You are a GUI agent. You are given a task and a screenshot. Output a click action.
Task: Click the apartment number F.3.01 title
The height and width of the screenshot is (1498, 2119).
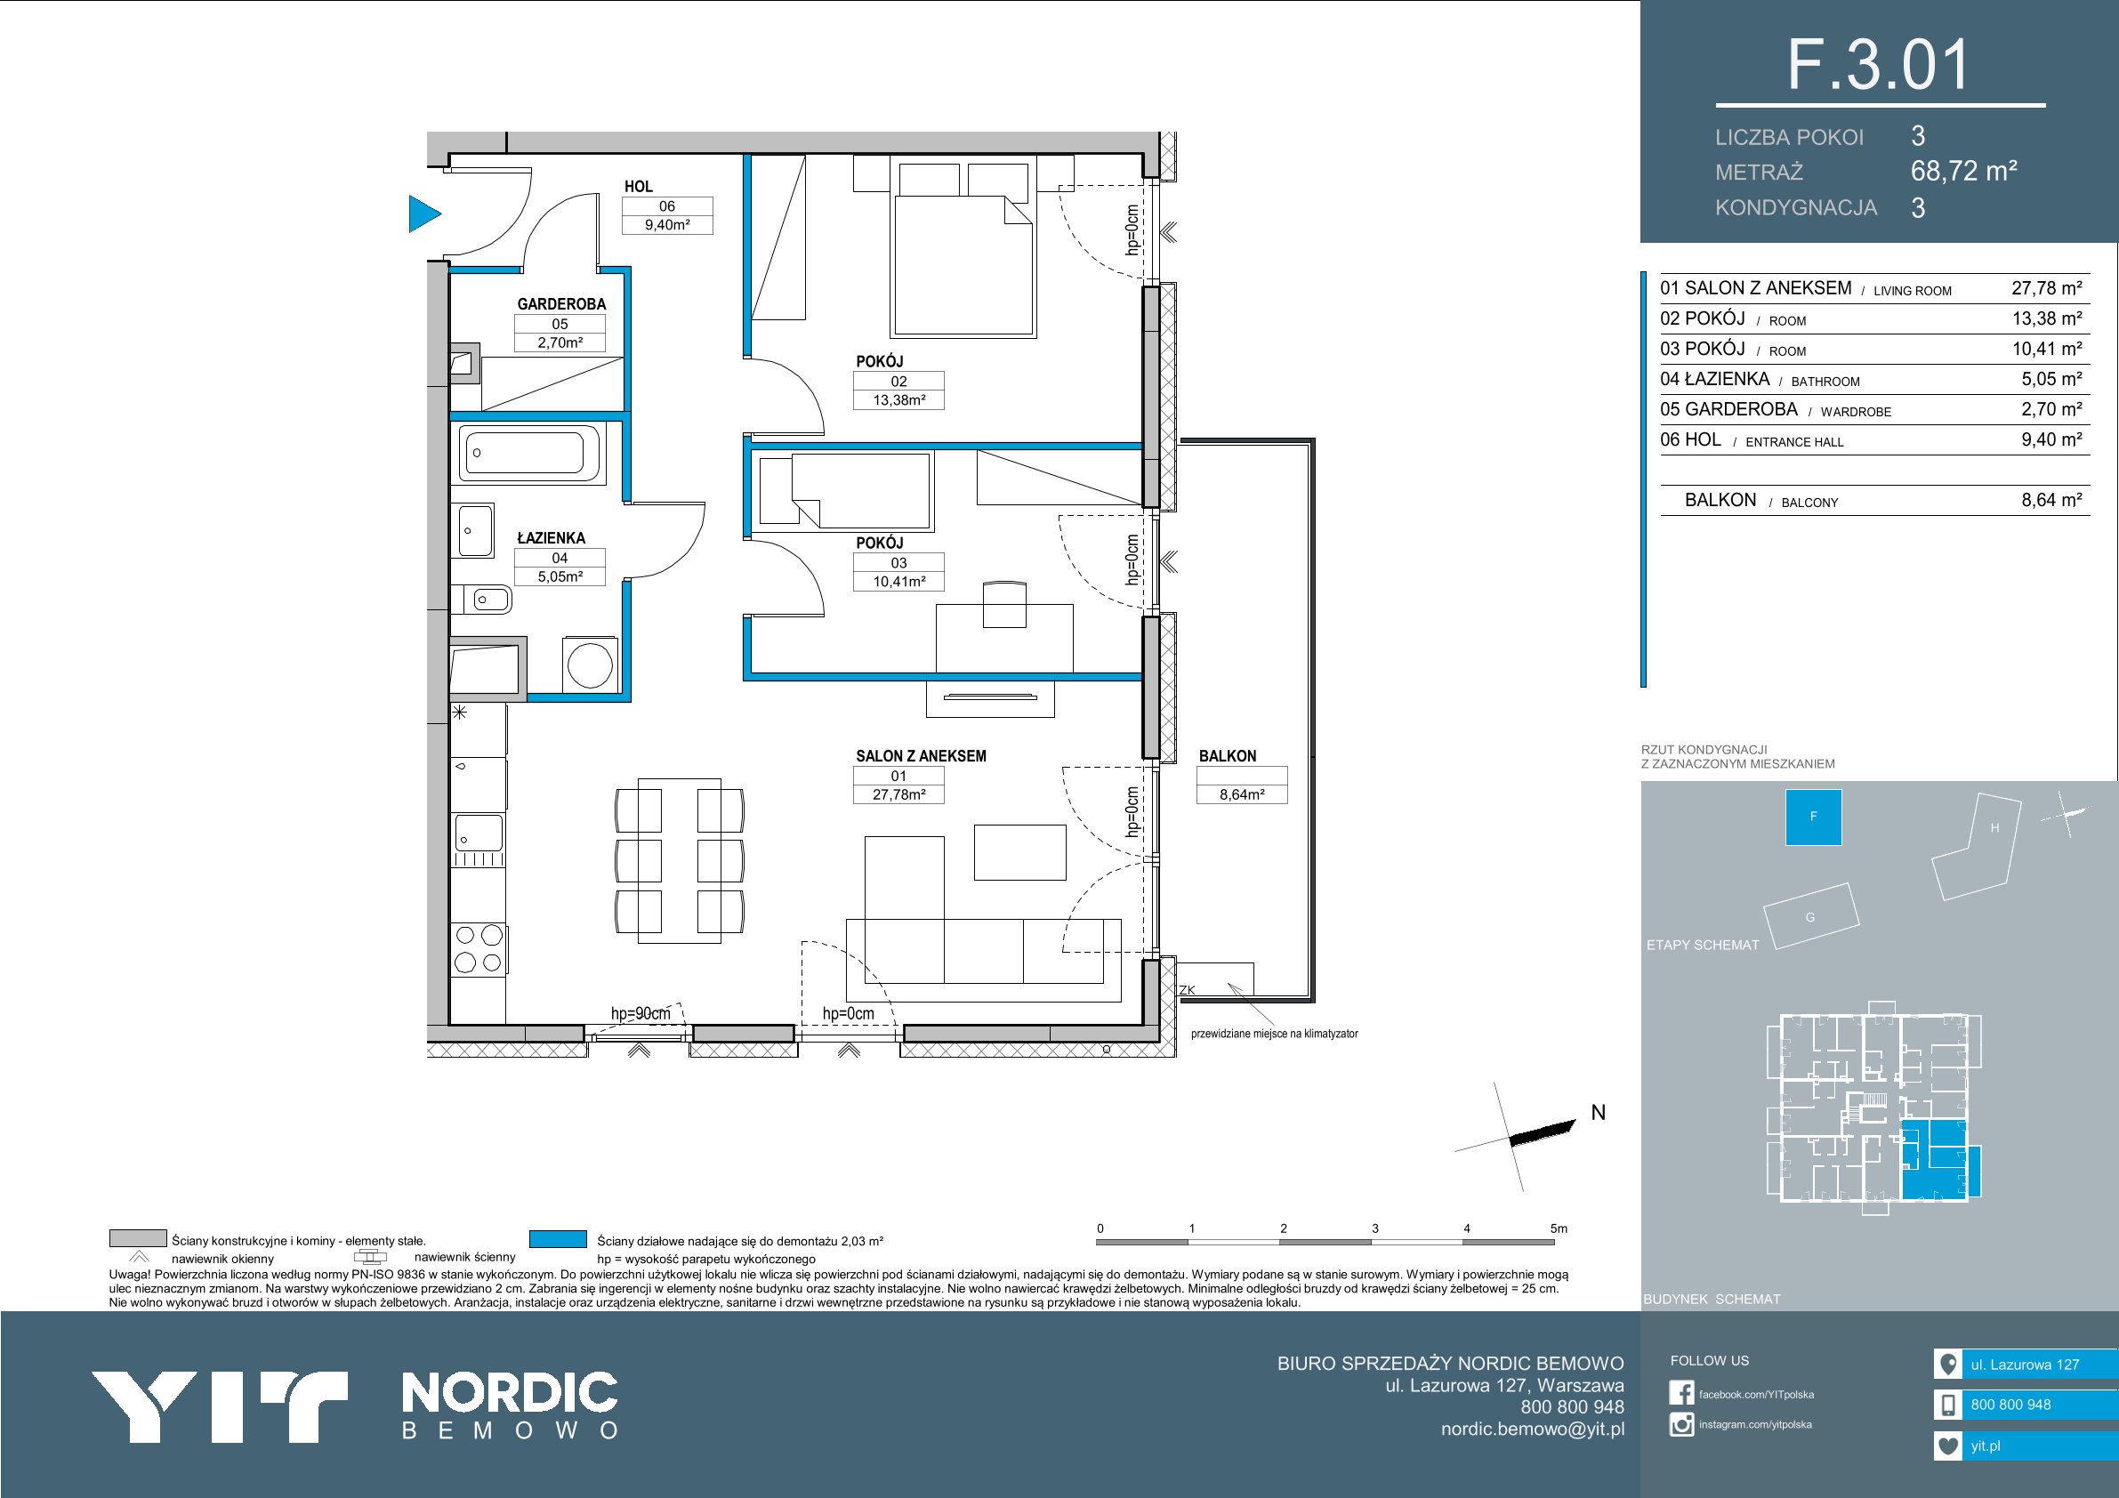[1879, 65]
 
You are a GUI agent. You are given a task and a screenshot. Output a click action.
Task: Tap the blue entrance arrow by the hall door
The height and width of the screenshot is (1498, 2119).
[424, 214]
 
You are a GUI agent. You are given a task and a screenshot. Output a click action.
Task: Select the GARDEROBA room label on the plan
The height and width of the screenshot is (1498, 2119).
[561, 303]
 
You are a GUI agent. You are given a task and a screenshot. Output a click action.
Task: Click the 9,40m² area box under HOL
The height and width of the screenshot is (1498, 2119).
[667, 224]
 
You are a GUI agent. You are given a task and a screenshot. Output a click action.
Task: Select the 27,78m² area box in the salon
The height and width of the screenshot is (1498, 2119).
[898, 793]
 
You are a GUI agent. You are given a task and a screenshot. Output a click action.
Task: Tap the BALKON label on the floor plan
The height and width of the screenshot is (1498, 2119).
[1228, 756]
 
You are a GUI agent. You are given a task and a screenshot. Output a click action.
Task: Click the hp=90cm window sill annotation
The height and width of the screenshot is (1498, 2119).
[641, 1013]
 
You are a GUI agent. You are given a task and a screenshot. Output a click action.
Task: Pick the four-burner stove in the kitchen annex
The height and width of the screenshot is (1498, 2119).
[479, 949]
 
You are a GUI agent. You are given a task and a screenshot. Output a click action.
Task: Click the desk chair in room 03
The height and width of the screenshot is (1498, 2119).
[1004, 604]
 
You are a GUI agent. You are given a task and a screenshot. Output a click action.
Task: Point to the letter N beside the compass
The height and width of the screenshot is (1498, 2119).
[1599, 1112]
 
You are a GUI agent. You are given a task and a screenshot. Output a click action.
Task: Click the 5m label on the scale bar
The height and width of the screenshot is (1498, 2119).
[1559, 1228]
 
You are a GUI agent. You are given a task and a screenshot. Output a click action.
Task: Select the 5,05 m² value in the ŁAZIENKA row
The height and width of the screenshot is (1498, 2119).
[2051, 378]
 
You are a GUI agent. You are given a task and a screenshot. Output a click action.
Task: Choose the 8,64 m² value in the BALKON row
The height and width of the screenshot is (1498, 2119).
[2051, 499]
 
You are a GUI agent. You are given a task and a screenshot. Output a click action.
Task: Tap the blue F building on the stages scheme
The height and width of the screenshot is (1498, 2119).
[1814, 817]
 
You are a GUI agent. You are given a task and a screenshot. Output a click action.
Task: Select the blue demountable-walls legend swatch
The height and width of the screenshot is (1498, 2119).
[559, 1238]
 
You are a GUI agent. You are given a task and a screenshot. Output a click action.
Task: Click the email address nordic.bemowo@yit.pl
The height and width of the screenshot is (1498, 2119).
[1533, 1429]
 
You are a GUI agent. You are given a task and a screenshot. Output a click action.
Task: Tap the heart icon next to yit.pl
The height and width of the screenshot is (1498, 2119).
[1947, 1446]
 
